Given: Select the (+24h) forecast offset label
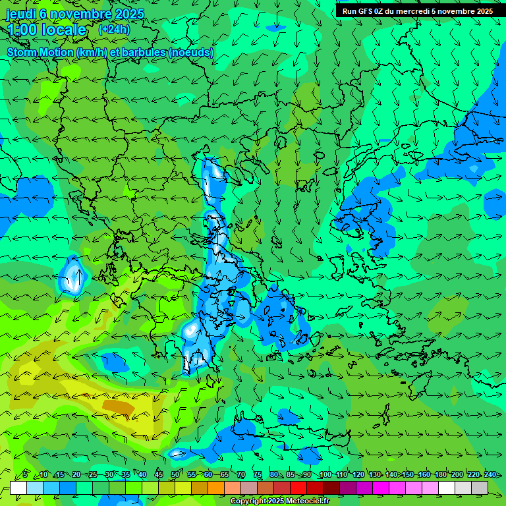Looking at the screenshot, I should (x=114, y=29).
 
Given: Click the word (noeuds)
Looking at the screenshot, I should (x=191, y=52).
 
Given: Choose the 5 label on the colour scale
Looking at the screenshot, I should (x=24, y=475).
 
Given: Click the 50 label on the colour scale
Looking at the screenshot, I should (x=175, y=475).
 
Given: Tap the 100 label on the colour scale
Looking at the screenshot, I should (x=325, y=475).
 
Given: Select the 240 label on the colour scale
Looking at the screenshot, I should (x=490, y=475).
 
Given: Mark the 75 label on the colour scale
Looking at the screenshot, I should (x=258, y=475).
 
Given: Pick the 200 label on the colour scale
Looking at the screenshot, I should (x=457, y=475).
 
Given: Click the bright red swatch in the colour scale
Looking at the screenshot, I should (x=298, y=488).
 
